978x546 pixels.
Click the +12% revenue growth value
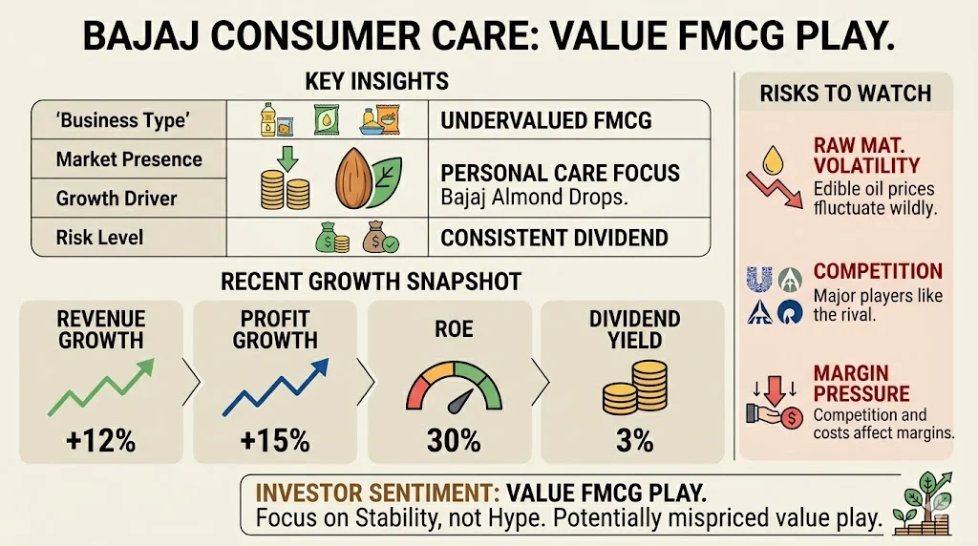(100, 440)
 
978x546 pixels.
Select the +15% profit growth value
(275, 440)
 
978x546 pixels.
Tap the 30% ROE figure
(452, 440)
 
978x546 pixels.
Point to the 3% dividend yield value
(629, 440)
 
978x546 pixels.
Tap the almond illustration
(353, 178)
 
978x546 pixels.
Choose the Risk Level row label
(100, 236)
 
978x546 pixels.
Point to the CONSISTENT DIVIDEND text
(554, 237)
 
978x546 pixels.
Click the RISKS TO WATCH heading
(845, 94)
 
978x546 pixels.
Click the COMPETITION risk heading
(878, 271)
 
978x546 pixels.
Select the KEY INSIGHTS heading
(376, 81)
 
